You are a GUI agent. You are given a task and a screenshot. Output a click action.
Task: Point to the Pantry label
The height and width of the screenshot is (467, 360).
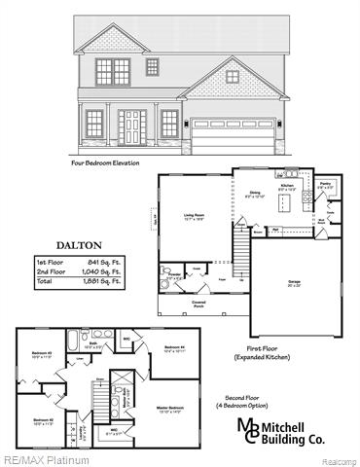pyautogui.click(x=326, y=184)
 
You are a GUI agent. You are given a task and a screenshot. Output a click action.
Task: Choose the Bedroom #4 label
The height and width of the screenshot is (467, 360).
pyautogui.click(x=174, y=347)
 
